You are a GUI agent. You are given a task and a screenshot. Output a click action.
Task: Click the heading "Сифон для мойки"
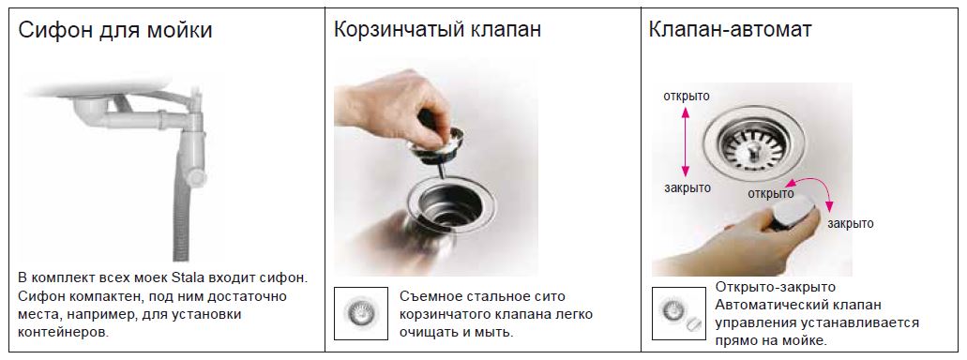[x=115, y=30]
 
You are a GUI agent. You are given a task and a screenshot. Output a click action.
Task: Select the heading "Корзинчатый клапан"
[x=437, y=30]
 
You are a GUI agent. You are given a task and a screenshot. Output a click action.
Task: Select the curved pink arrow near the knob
[x=810, y=188]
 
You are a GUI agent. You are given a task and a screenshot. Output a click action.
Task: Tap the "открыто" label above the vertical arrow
[x=687, y=97]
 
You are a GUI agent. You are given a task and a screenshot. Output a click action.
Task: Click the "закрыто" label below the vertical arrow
[x=687, y=188]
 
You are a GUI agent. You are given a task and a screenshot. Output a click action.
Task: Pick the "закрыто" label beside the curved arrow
[x=851, y=224]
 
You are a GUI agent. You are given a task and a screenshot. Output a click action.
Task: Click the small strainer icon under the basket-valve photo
[x=361, y=312]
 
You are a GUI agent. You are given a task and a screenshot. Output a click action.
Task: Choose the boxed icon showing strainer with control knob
[x=679, y=312]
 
